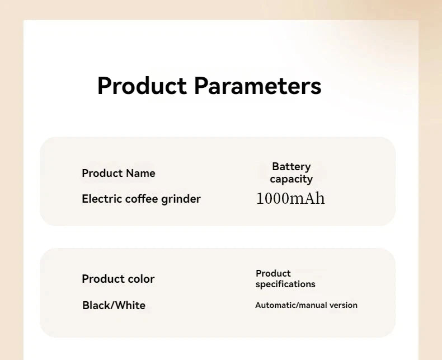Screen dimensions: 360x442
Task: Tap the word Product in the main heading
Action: (x=142, y=86)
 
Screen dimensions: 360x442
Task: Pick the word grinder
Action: (x=181, y=199)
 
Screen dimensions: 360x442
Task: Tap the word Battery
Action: (x=291, y=166)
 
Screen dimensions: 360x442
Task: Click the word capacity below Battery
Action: (x=291, y=179)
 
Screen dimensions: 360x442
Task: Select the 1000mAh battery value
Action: (x=290, y=198)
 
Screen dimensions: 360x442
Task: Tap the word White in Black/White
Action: (x=130, y=305)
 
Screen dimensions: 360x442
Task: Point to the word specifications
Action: (x=285, y=284)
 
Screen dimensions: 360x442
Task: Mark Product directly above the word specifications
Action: (x=273, y=273)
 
